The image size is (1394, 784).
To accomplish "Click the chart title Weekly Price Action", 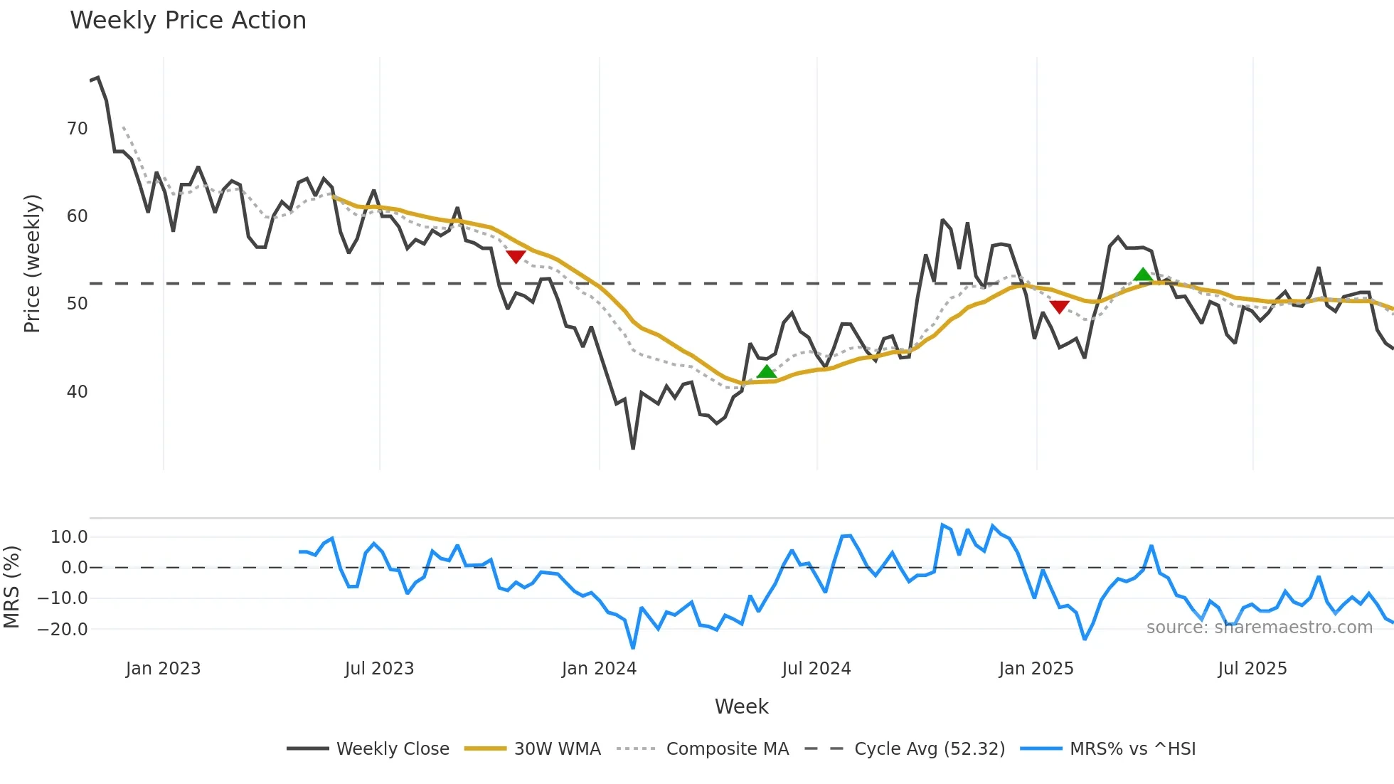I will click(188, 21).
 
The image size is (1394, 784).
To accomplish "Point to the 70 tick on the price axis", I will click(78, 129).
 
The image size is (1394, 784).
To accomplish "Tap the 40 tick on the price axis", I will click(78, 392).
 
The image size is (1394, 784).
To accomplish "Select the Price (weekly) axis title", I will click(32, 263).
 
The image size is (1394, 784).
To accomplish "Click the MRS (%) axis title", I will click(11, 587).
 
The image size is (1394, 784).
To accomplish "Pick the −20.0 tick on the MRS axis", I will click(63, 630).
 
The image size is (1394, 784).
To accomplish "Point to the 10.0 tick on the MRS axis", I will click(69, 537).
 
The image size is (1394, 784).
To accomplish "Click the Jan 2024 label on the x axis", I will click(599, 669).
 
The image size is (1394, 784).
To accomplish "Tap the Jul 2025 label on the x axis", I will click(1252, 669).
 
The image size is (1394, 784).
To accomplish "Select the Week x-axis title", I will click(741, 706).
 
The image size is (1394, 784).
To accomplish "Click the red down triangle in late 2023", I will click(516, 257).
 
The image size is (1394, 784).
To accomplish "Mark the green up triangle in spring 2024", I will click(766, 371).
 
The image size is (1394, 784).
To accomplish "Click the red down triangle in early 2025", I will click(1059, 307).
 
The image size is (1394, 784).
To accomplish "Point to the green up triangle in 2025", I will click(1142, 275).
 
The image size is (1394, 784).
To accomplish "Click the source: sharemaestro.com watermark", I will click(1259, 627).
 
